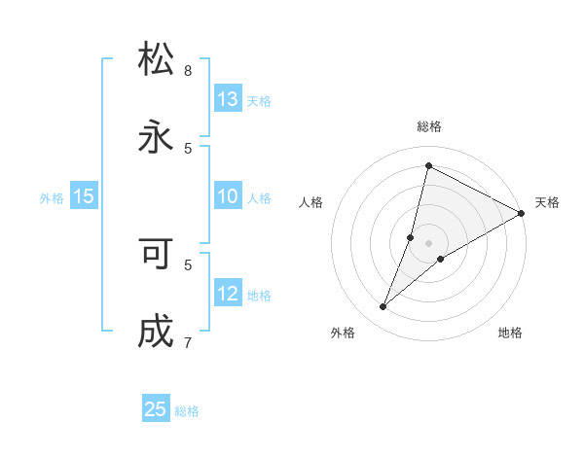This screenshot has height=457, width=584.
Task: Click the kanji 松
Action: (x=156, y=60)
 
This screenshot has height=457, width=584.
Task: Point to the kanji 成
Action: (x=156, y=331)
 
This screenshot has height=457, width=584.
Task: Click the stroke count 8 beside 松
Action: (x=188, y=71)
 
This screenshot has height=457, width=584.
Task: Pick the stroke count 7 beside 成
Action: (x=188, y=341)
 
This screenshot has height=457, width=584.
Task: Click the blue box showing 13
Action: (x=228, y=99)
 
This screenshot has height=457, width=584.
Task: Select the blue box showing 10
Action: (x=228, y=196)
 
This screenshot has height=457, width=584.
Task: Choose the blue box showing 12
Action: (x=228, y=294)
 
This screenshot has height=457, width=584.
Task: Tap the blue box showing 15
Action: (x=84, y=196)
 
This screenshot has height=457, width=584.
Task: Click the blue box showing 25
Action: (x=156, y=409)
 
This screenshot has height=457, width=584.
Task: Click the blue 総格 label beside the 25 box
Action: (x=187, y=411)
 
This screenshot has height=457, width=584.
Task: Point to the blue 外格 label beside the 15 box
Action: (x=52, y=197)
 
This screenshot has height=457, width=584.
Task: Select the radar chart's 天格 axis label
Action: (x=547, y=202)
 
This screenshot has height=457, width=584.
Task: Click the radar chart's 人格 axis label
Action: (x=310, y=202)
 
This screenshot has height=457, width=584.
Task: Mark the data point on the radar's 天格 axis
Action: (x=522, y=213)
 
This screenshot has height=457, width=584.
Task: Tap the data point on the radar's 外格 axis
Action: (x=383, y=307)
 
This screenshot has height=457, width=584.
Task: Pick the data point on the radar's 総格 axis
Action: (x=428, y=165)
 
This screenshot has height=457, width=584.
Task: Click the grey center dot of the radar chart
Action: (x=429, y=243)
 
